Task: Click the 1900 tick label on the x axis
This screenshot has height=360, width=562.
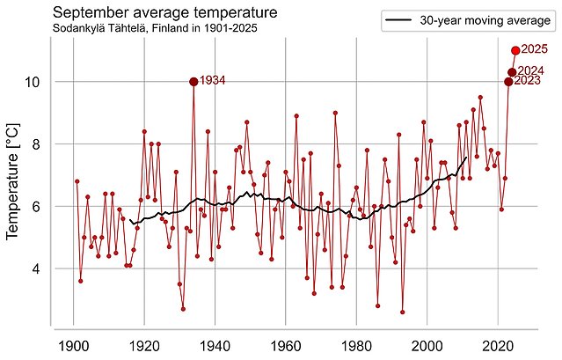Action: coord(73,343)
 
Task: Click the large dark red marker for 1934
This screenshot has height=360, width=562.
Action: coord(193,82)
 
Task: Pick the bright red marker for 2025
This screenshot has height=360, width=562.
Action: coord(515,51)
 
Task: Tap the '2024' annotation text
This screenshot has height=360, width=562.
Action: coord(530,70)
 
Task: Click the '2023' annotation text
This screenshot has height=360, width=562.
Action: coord(527,82)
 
